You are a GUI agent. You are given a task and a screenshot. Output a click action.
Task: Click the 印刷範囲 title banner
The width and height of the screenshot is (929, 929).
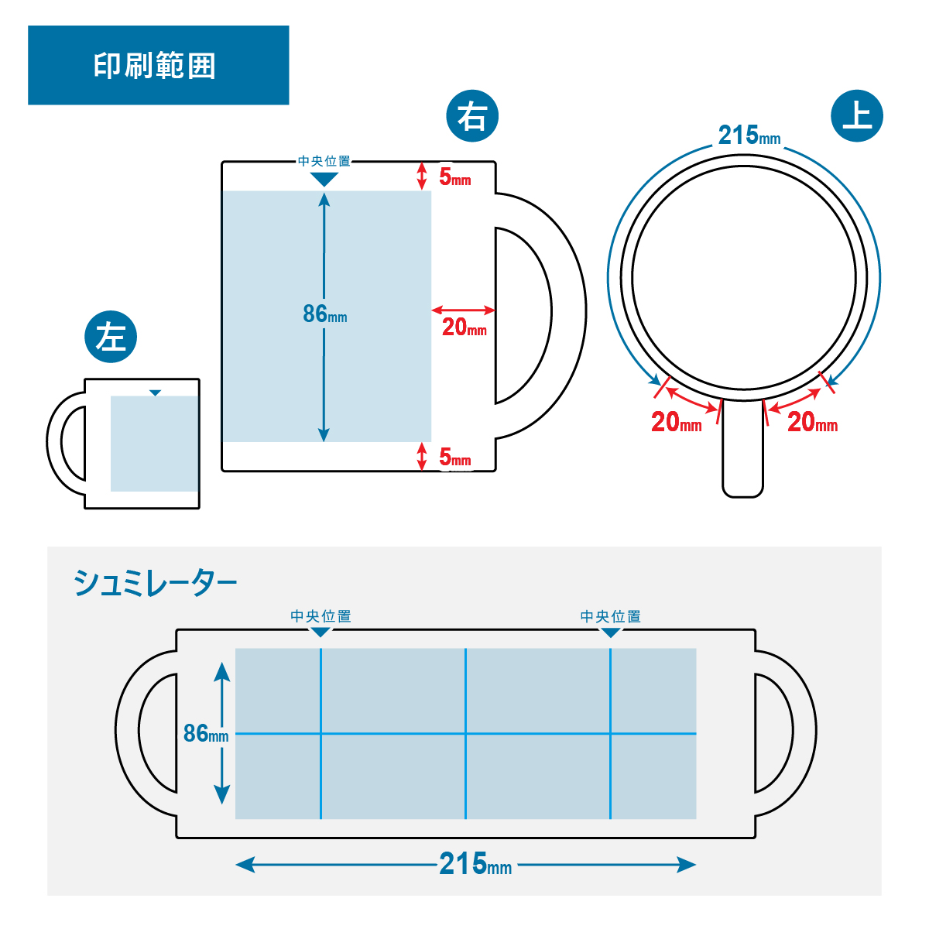click(x=158, y=65)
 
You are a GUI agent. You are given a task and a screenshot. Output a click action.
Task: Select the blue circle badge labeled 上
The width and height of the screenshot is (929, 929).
click(x=857, y=116)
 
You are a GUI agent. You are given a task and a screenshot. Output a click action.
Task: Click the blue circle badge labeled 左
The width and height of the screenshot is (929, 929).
click(x=111, y=337)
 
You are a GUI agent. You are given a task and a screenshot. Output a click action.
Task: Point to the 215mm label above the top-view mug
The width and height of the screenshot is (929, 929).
click(x=749, y=135)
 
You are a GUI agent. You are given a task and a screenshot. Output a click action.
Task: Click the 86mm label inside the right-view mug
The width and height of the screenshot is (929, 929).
click(x=324, y=314)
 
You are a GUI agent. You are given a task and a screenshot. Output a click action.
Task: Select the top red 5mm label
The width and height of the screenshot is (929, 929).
click(x=454, y=177)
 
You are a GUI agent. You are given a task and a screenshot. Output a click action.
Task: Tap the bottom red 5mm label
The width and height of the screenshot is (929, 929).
click(x=454, y=458)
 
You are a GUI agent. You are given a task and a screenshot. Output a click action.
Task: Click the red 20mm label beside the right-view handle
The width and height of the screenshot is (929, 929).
click(x=464, y=327)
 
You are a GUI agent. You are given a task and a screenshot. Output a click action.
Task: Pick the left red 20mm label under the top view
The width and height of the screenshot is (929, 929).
click(x=676, y=422)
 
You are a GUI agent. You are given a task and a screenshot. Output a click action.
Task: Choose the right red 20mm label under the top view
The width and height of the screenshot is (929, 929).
click(x=812, y=422)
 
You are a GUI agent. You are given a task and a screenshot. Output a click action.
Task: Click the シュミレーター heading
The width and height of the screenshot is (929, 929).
click(x=155, y=583)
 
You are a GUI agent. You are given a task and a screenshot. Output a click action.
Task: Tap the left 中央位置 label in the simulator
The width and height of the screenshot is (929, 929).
click(x=321, y=616)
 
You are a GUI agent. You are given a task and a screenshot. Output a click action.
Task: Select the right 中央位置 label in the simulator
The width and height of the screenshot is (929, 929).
click(x=611, y=616)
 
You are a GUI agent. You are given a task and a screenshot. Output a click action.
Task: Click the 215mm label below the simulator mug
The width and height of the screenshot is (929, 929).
click(x=475, y=864)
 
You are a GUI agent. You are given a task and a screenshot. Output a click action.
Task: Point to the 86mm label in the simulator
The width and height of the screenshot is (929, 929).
click(x=205, y=733)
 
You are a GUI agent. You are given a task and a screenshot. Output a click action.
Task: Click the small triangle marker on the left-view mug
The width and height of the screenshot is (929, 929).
click(x=155, y=393)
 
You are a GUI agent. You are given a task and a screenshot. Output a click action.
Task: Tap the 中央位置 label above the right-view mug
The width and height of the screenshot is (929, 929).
click(x=324, y=161)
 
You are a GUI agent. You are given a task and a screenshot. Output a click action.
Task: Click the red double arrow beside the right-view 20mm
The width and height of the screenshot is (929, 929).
click(x=463, y=310)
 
